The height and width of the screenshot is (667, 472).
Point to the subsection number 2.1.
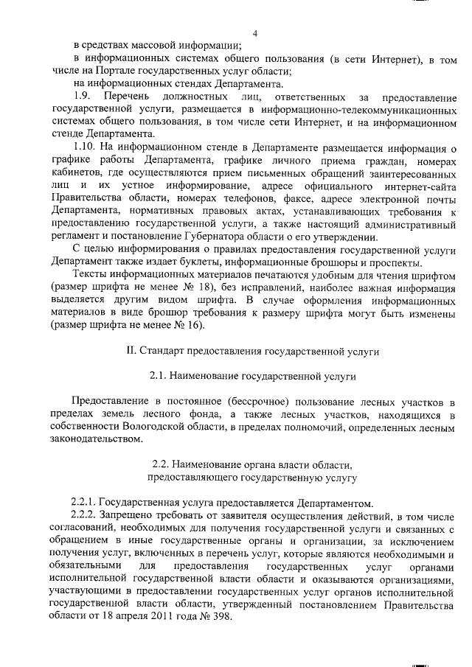pyautogui.click(x=158, y=376)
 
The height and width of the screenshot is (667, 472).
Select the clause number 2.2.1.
pyautogui.click(x=83, y=503)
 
